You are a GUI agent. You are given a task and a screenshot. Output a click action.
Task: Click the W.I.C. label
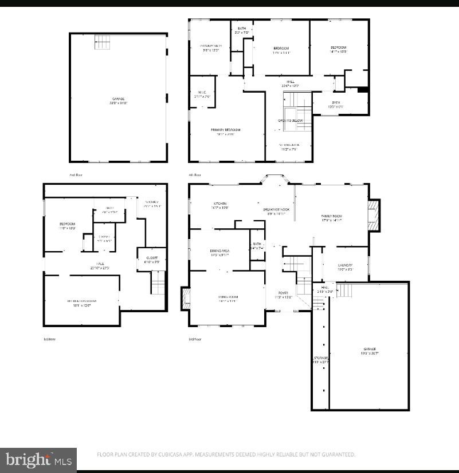202,93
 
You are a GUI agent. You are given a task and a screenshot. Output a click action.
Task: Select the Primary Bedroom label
225,130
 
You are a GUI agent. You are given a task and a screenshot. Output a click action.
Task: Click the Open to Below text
290,121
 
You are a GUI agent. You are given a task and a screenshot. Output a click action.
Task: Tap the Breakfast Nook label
276,210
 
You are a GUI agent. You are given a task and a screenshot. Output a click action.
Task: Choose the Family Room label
331,216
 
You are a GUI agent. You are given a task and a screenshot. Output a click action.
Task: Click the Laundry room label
344,265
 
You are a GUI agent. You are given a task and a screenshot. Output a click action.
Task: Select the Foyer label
284,292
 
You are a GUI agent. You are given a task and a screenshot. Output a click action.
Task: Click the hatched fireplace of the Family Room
374,214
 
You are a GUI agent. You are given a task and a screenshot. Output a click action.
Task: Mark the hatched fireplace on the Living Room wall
185,298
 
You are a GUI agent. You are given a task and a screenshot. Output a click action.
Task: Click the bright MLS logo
38,459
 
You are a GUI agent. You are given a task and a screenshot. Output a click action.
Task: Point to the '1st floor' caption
50,339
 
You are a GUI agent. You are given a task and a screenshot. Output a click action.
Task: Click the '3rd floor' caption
195,339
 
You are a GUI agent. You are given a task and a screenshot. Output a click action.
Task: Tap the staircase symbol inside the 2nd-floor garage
101,42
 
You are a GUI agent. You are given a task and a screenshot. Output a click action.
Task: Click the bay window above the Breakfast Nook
278,180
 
